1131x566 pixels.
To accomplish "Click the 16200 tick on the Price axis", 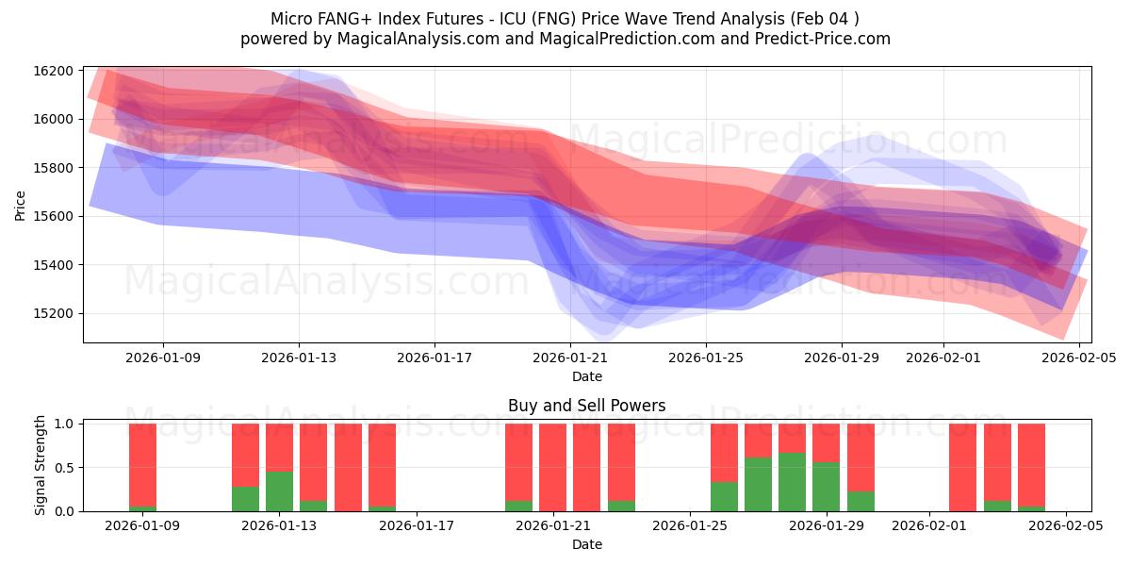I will point(53,71).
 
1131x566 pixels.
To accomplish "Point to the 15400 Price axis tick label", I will point(53,265).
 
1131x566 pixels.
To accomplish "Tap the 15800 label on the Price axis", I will point(53,168).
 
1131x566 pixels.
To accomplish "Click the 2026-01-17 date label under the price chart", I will point(434,358).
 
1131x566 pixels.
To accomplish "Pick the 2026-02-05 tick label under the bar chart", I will point(1065,526).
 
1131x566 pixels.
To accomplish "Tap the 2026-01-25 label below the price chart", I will point(705,358).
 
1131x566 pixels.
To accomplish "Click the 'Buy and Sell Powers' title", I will point(586,406).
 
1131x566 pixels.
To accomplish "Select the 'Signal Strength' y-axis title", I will point(40,466).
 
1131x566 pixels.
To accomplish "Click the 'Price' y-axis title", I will point(21,205).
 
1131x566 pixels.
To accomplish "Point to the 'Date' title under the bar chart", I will point(586,544).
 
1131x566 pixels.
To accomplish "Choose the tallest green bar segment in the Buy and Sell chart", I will point(793,482).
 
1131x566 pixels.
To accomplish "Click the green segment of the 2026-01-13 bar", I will point(279,491).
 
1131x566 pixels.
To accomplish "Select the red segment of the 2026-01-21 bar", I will point(552,466).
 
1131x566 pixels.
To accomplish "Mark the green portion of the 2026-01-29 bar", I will point(826,487).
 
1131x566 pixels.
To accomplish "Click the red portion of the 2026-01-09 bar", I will point(142,464).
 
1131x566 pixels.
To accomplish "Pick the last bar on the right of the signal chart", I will point(1031,466).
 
